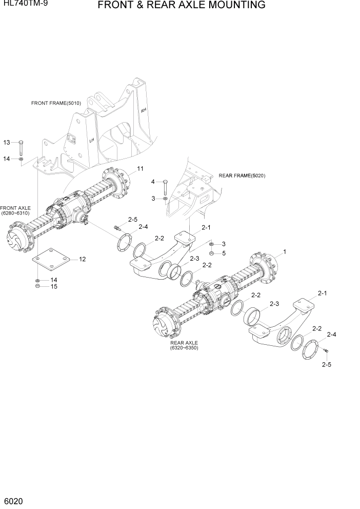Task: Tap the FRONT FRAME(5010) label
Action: click(56, 103)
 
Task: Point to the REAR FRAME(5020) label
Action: click(242, 175)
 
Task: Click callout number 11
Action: click(140, 169)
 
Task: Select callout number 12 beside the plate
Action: click(82, 260)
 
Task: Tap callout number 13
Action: click(7, 142)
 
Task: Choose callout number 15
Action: click(53, 286)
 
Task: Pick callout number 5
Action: click(224, 253)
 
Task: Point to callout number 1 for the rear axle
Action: click(285, 252)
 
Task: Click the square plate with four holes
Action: click(51, 261)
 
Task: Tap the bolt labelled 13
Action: click(21, 147)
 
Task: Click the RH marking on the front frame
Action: click(144, 110)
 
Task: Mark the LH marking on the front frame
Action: click(92, 140)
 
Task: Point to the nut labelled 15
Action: click(38, 286)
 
